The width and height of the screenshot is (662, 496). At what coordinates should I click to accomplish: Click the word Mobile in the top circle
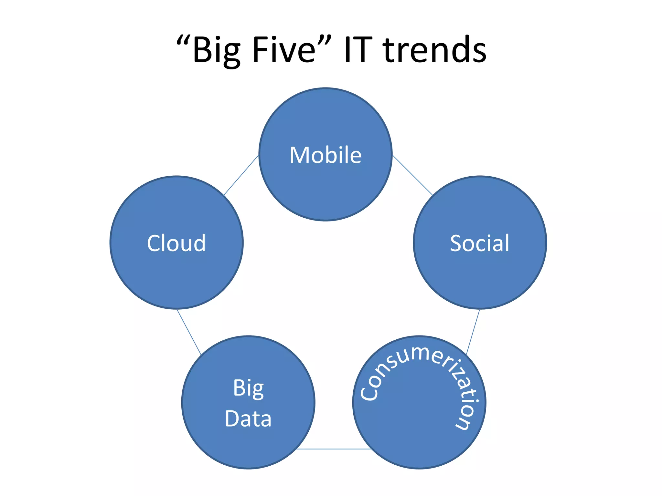[x=326, y=155]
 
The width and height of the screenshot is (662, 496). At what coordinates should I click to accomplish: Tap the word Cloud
[x=176, y=243]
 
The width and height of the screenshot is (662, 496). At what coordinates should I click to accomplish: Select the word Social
[x=480, y=243]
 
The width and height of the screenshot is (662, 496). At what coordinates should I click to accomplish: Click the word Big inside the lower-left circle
[x=248, y=388]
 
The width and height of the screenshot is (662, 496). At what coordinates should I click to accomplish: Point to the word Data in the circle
[x=248, y=419]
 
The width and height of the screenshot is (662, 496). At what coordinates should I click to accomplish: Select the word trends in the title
[x=434, y=50]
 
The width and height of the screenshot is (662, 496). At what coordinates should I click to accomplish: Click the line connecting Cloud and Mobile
[x=241, y=175]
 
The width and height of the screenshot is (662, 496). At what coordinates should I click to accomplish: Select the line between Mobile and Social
[x=412, y=175]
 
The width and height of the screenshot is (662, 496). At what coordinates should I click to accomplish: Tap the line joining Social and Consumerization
[x=473, y=331]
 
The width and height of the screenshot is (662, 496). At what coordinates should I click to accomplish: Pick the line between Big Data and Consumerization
[x=334, y=449]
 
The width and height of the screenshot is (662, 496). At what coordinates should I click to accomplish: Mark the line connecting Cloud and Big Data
[x=189, y=332]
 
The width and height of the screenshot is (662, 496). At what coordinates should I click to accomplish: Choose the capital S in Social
[x=456, y=243]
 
